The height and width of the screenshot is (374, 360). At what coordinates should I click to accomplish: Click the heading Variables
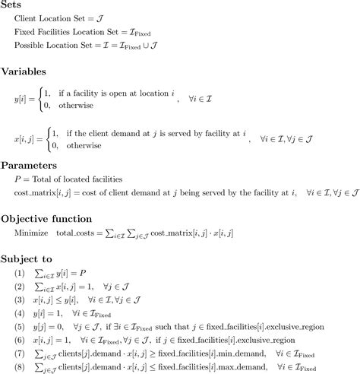point(26,73)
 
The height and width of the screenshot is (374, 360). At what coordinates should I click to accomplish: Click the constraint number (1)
point(21,271)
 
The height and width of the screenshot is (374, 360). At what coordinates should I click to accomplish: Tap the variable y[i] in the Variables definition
point(21,99)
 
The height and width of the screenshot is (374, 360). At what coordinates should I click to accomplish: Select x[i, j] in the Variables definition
point(26,140)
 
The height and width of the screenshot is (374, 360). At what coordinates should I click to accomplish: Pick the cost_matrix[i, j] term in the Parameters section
point(43,194)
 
